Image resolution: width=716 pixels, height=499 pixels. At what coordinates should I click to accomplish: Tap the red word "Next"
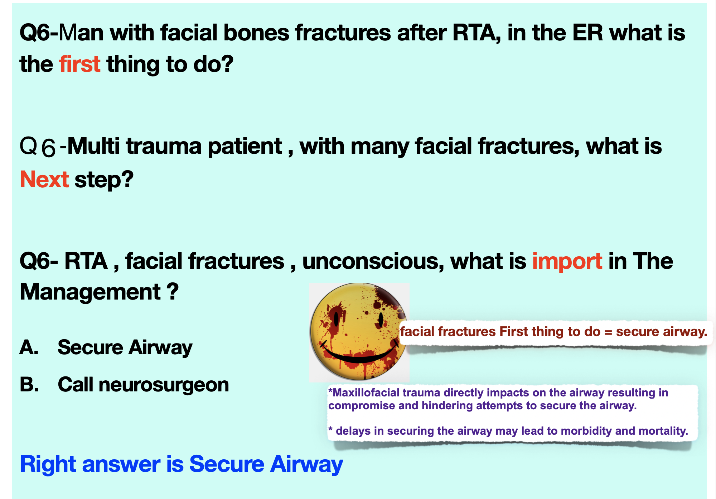click(44, 179)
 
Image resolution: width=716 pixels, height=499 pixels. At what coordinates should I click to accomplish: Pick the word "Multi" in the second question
click(93, 146)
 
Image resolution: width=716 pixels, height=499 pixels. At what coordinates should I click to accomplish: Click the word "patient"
click(245, 147)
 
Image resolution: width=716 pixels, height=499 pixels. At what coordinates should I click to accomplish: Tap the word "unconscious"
click(371, 261)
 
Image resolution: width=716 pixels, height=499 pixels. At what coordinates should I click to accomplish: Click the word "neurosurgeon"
click(164, 385)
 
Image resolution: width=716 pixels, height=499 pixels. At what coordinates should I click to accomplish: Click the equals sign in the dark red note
click(608, 332)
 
